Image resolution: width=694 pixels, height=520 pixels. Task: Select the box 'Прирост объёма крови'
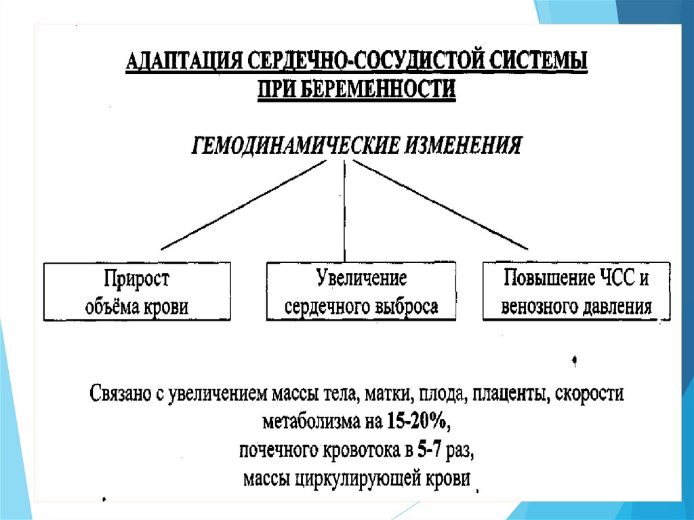click(x=137, y=292)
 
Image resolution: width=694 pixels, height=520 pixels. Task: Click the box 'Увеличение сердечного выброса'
click(x=361, y=292)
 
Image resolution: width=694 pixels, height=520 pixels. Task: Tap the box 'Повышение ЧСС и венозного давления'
click(x=577, y=292)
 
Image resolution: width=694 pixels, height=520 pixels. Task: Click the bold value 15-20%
click(x=417, y=422)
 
